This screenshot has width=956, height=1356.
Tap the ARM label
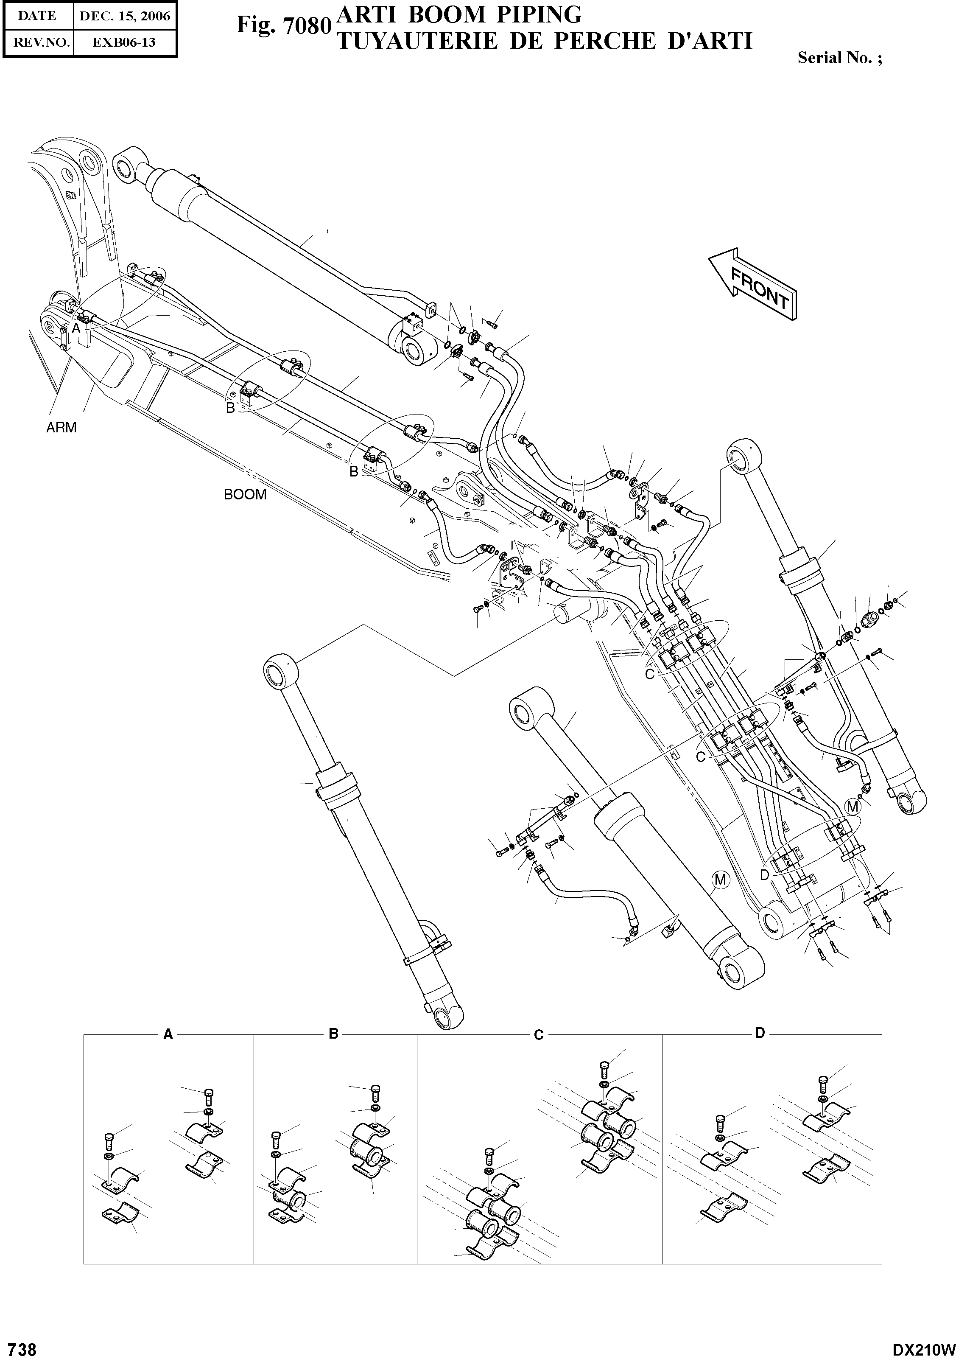click(x=61, y=428)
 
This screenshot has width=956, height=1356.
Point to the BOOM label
click(x=245, y=494)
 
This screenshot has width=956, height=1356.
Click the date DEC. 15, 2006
click(x=125, y=16)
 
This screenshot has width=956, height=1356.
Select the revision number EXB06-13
click(x=125, y=42)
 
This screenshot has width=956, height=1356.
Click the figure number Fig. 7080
click(x=282, y=26)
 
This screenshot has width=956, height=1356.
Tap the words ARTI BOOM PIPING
click(x=459, y=14)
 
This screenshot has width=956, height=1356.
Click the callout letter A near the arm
click(x=75, y=329)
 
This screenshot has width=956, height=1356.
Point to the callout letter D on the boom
click(x=765, y=875)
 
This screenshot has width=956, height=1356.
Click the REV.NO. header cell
click(x=38, y=42)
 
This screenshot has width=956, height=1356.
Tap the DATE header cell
click(x=38, y=16)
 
